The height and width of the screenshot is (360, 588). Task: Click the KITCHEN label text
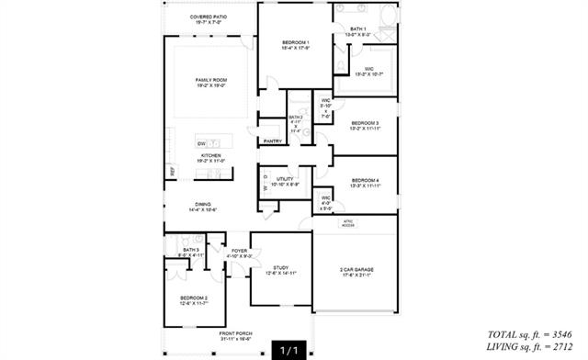point(212,156)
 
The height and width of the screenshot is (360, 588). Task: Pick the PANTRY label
point(272,141)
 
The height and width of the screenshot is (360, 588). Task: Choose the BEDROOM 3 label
point(364,125)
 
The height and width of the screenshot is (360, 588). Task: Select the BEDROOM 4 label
point(365,182)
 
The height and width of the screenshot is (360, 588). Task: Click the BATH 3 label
point(191,252)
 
